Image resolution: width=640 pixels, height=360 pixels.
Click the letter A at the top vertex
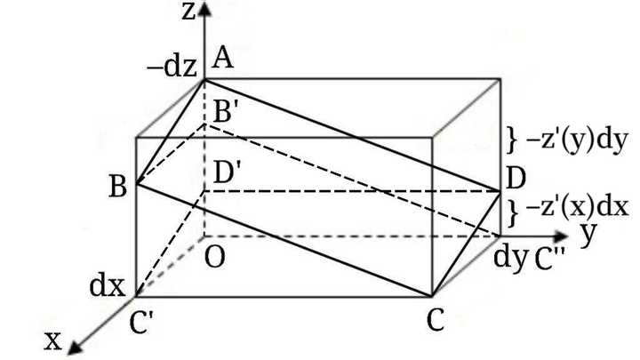[222, 57]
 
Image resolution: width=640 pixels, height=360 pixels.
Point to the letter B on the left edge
[118, 187]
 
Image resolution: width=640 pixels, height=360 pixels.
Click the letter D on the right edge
[515, 179]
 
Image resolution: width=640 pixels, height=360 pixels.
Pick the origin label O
[215, 258]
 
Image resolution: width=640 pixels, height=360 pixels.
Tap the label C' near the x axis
[141, 322]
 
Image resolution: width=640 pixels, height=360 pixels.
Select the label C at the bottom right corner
[436, 320]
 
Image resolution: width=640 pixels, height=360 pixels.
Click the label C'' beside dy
[549, 260]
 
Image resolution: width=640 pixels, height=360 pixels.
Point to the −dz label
[172, 67]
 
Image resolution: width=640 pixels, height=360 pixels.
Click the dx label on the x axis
[107, 286]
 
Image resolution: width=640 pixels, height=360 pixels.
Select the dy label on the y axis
[510, 258]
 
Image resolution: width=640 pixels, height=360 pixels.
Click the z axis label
[189, 11]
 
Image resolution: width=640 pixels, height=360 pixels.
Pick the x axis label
[52, 340]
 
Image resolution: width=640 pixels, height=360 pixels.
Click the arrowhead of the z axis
[204, 8]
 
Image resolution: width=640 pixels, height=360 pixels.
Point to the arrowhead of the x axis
[75, 348]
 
